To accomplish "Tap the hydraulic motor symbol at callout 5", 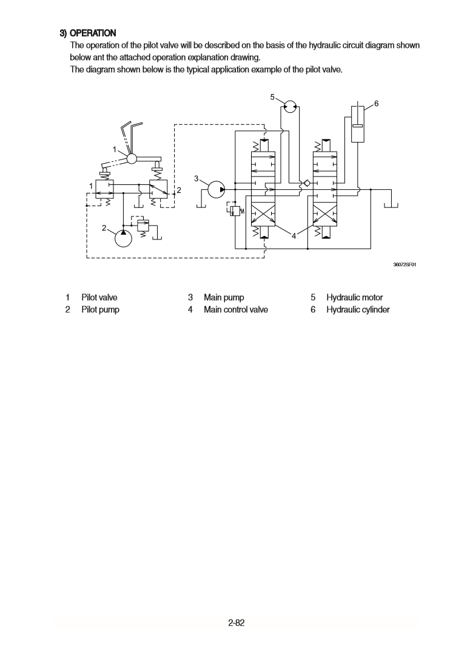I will pyautogui.click(x=290, y=106).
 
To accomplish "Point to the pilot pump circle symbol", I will pyautogui.click(x=123, y=238).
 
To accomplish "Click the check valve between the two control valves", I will pyautogui.click(x=307, y=183).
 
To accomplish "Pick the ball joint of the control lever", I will pyautogui.click(x=129, y=158).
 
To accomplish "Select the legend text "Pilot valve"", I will pyautogui.click(x=99, y=297).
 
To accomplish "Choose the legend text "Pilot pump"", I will pyautogui.click(x=100, y=310).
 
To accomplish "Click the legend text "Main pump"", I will pyautogui.click(x=224, y=297).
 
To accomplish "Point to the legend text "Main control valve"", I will pyautogui.click(x=236, y=310).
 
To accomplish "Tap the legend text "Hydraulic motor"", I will pyautogui.click(x=355, y=297).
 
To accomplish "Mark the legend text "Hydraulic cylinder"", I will pyautogui.click(x=358, y=310).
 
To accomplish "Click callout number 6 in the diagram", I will pyautogui.click(x=377, y=104).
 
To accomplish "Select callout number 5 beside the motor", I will pyautogui.click(x=272, y=96).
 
